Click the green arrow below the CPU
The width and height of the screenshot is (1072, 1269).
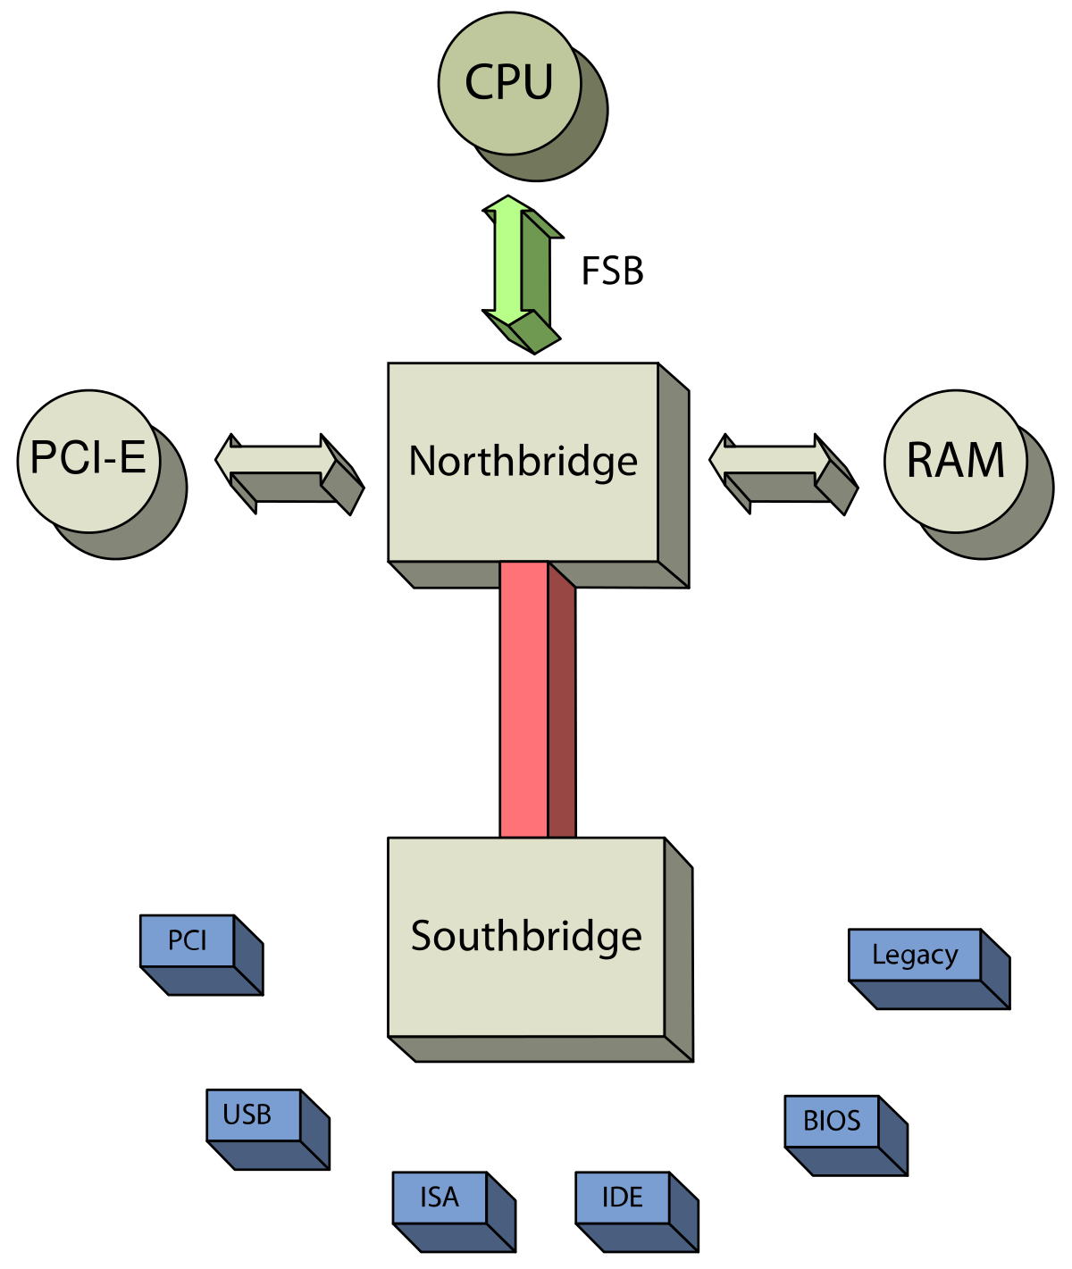point(509,261)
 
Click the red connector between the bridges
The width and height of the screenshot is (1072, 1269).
point(524,699)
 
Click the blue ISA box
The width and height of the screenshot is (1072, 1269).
point(440,1198)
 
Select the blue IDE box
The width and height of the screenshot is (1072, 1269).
point(623,1198)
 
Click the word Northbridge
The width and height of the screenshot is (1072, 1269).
point(523,462)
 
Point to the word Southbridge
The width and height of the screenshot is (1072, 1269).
point(527,936)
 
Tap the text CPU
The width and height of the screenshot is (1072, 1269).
point(509,82)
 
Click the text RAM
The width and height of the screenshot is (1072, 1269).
point(956,461)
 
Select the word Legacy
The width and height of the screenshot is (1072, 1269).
point(915,955)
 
